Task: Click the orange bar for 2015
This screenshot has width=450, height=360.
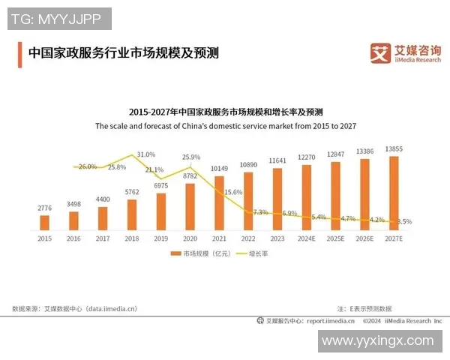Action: point(44,222)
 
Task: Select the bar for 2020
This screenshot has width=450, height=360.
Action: point(190,206)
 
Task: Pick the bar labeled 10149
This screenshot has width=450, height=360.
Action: point(219,202)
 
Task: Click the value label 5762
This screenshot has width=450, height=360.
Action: point(132,193)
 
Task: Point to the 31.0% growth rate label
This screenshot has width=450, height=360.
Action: point(146,154)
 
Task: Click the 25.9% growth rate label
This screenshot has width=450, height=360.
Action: point(191,157)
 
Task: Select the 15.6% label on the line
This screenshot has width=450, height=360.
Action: point(233,192)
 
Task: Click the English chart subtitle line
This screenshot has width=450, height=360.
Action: point(225,127)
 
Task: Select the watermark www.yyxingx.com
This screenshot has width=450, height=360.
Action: point(377,340)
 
